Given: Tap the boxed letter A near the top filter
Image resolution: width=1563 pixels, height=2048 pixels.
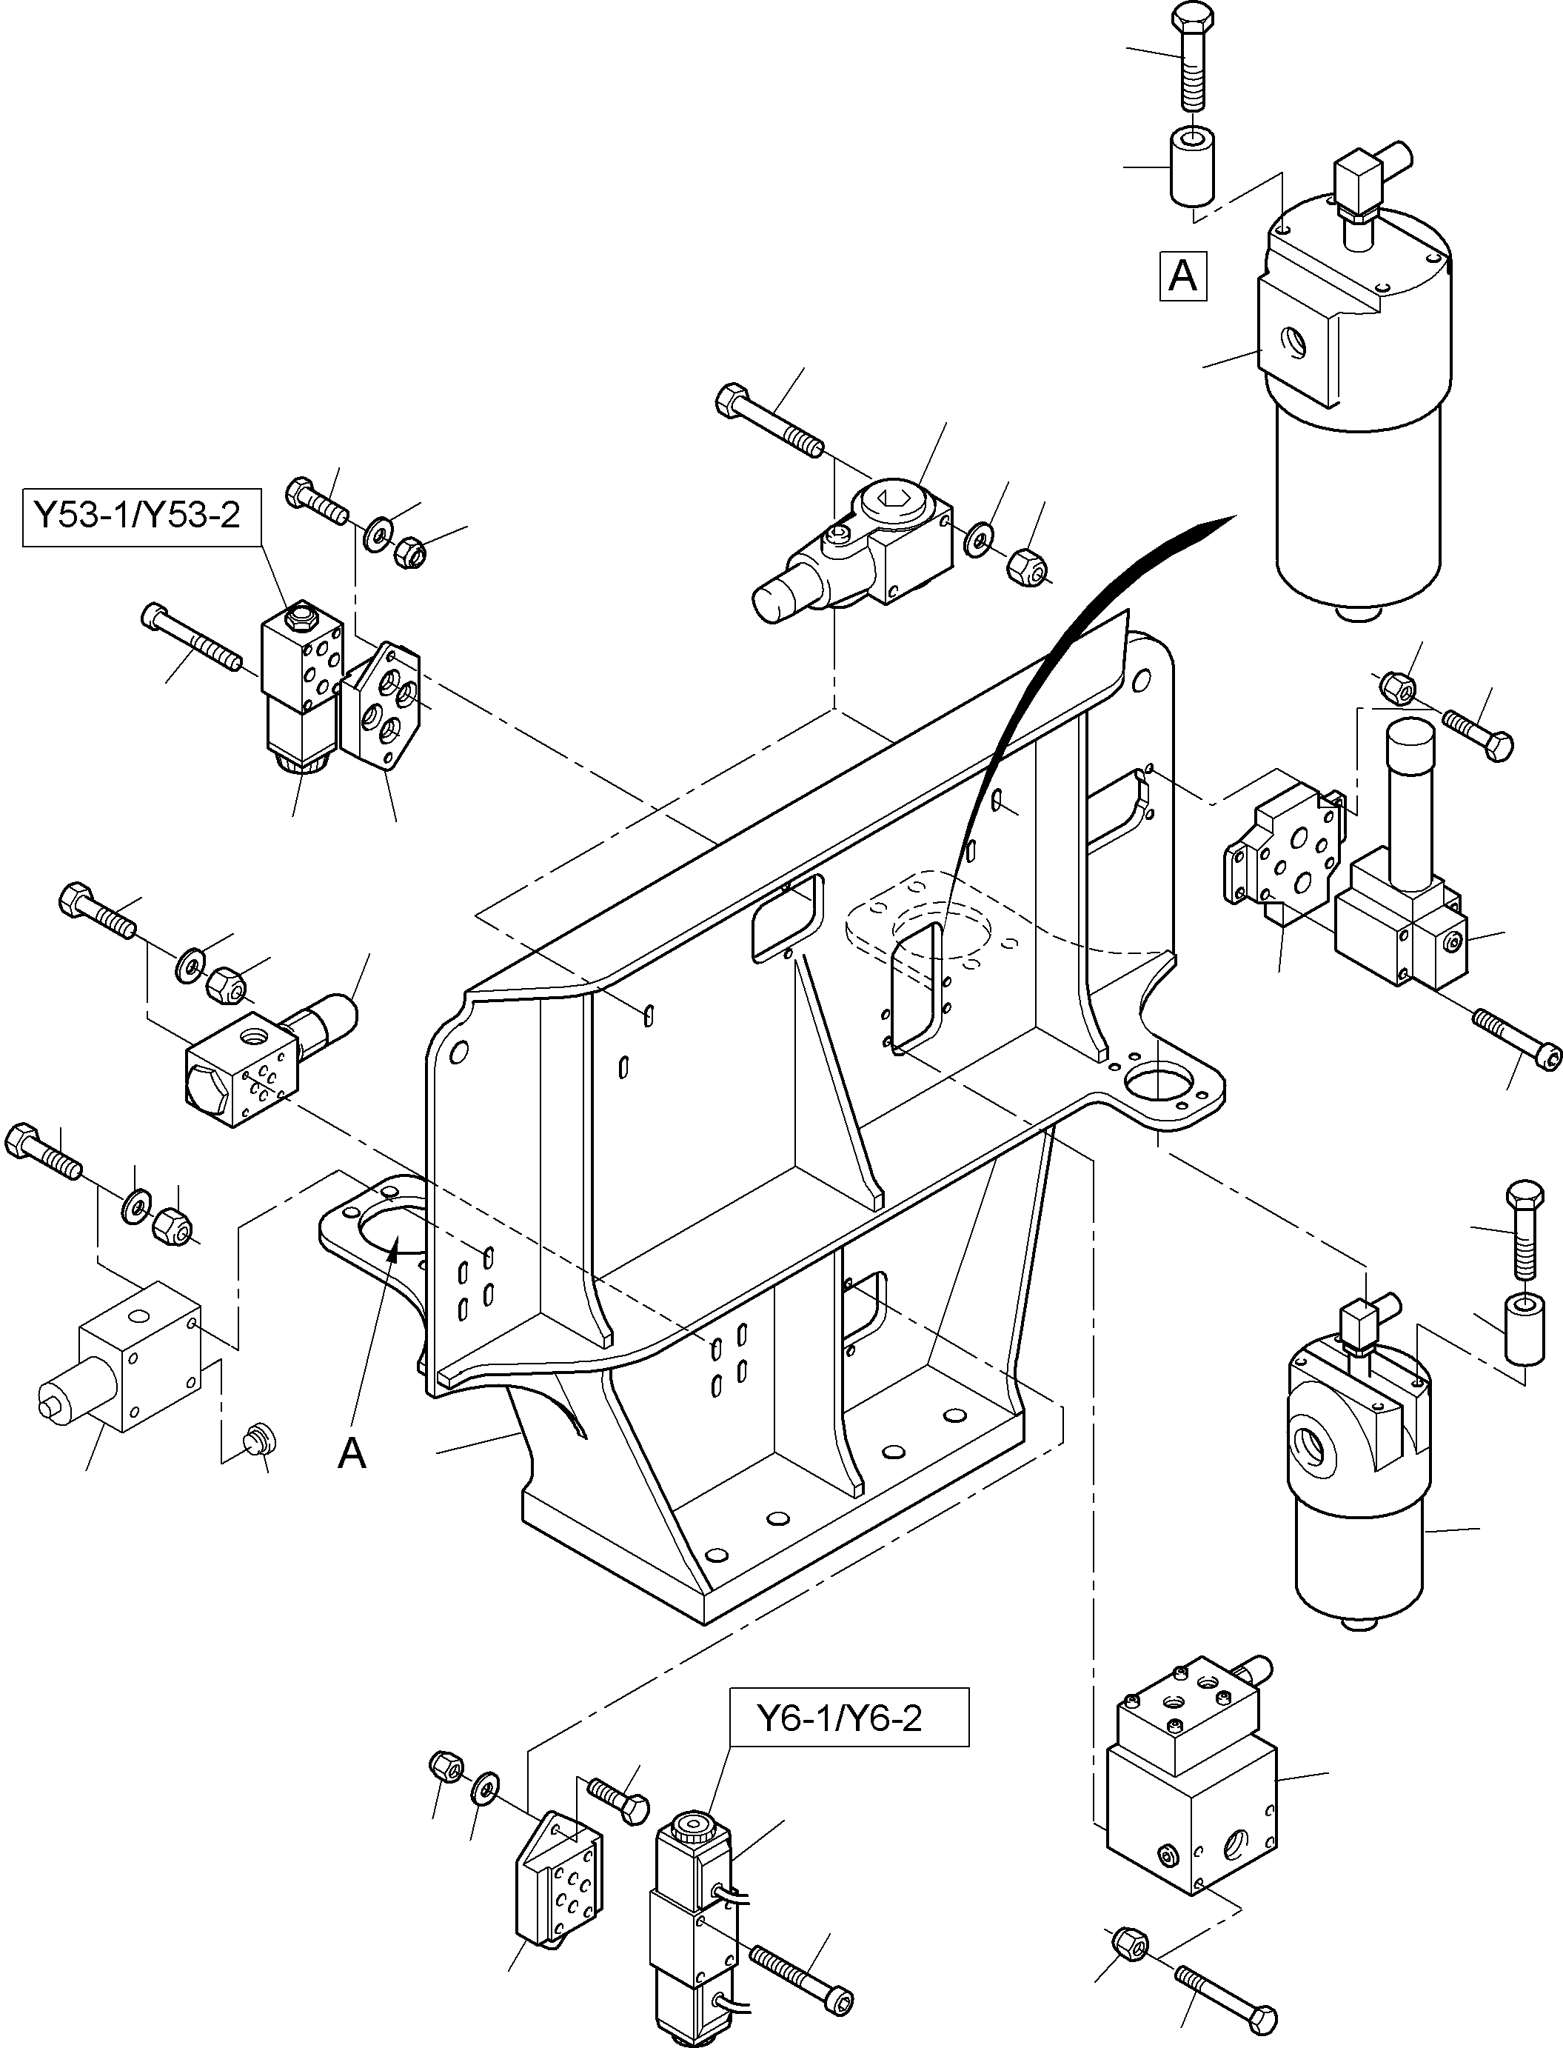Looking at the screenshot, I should [x=1182, y=276].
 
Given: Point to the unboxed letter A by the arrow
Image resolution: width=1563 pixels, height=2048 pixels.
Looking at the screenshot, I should [x=352, y=1452].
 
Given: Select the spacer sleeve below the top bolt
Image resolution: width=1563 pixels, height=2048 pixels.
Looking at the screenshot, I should [x=1191, y=167].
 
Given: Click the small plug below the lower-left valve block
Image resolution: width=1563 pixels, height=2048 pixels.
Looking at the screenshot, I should [x=258, y=1441].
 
